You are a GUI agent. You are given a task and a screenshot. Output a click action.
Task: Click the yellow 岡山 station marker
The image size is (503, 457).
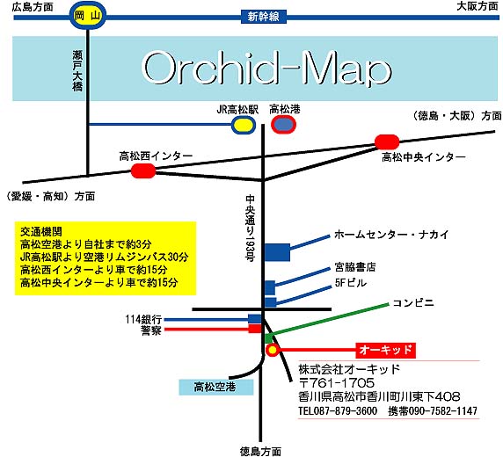88,16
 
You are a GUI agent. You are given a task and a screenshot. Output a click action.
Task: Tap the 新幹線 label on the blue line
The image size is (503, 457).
263,17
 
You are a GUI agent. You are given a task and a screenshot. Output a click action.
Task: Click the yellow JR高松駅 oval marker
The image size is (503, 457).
244,125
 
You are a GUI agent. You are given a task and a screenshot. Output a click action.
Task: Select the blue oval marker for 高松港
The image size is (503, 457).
283,125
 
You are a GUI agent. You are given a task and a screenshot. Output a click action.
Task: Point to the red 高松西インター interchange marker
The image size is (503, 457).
143,170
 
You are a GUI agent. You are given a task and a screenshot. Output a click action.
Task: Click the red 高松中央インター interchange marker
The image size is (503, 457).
387,142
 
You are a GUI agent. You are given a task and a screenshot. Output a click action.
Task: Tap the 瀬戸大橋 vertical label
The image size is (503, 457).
77,70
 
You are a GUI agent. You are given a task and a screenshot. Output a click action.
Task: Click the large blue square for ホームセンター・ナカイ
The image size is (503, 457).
277,252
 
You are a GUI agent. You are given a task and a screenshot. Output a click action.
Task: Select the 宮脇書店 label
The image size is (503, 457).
354,267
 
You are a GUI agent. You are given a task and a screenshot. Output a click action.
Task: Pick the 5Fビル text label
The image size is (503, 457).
350,282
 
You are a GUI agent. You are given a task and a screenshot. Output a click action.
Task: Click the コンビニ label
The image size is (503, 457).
413,302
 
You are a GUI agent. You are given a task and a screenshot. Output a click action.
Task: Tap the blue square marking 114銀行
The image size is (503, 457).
255,319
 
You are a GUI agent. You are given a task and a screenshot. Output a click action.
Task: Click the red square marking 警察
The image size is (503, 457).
255,329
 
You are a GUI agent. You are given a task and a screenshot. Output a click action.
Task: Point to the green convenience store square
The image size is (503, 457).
268,338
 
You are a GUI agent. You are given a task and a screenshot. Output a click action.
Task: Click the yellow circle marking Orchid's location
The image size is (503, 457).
273,350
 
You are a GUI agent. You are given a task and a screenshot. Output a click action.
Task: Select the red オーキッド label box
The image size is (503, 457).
385,350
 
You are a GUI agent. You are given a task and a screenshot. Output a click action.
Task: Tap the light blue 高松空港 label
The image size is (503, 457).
216,387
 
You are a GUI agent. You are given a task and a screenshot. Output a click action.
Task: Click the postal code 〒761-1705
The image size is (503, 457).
337,383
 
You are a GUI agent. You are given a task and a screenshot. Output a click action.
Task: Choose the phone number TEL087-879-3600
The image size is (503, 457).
338,410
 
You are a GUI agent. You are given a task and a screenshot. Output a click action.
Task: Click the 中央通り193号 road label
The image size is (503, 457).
251,228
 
